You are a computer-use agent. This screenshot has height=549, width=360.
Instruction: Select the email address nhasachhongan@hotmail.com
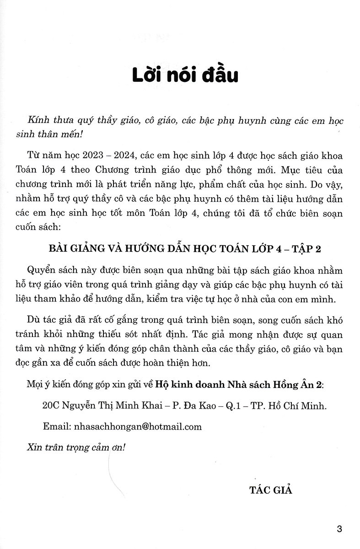coord(138,426)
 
